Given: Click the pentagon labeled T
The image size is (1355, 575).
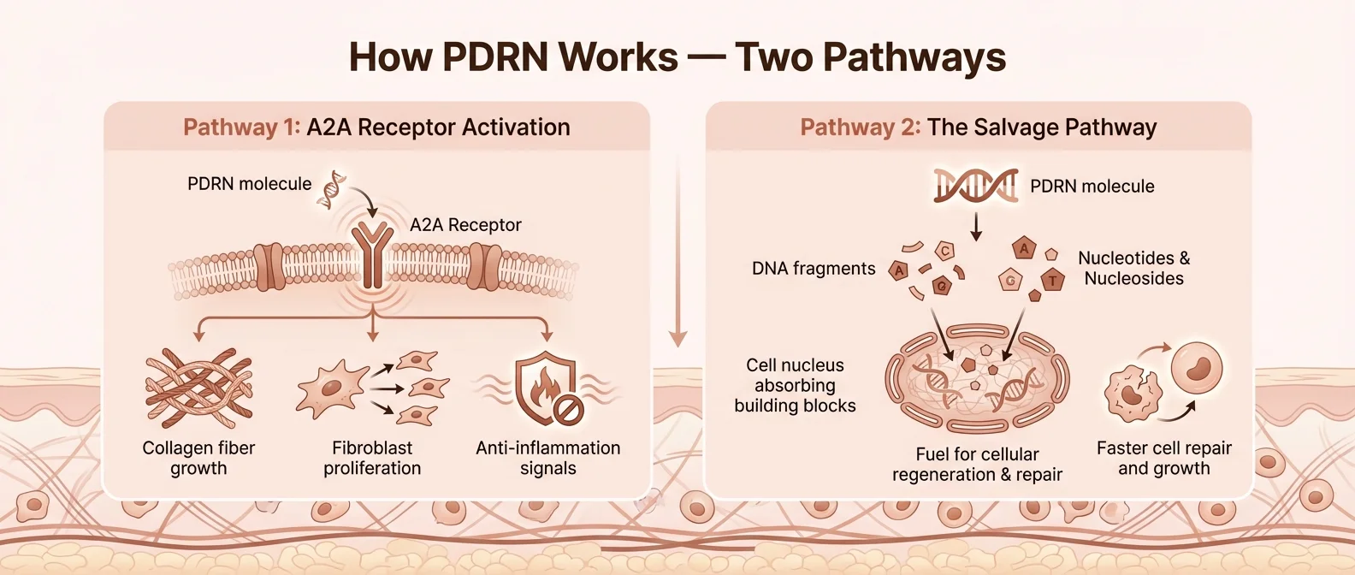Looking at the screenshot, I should pyautogui.click(x=1053, y=279).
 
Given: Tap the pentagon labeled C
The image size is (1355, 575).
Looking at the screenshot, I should pyautogui.click(x=944, y=251).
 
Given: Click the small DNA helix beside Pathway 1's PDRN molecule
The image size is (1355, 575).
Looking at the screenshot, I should pyautogui.click(x=332, y=190).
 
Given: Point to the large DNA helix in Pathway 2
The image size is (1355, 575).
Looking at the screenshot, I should pyautogui.click(x=975, y=186).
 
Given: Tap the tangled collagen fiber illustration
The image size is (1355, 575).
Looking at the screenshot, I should pyautogui.click(x=198, y=388).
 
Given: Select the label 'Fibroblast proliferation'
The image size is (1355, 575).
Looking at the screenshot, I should pyautogui.click(x=372, y=458).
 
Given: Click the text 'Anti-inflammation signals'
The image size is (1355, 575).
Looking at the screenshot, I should pyautogui.click(x=547, y=458).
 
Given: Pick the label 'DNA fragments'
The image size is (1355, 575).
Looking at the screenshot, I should pyautogui.click(x=814, y=269).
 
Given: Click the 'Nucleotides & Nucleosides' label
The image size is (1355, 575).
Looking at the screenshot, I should pyautogui.click(x=1133, y=268).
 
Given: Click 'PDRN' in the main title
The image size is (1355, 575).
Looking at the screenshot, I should pyautogui.click(x=495, y=57).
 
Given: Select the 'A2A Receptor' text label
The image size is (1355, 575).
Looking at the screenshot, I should pyautogui.click(x=465, y=225).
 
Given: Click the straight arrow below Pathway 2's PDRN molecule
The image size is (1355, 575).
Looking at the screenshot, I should pyautogui.click(x=976, y=227).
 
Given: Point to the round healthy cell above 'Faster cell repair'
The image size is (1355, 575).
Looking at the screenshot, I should pyautogui.click(x=1197, y=367).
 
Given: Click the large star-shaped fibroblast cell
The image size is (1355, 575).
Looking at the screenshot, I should pyautogui.click(x=329, y=389).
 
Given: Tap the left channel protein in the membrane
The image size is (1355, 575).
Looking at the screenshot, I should pyautogui.click(x=269, y=266).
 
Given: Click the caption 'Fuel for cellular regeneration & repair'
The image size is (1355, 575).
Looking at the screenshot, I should pyautogui.click(x=977, y=465).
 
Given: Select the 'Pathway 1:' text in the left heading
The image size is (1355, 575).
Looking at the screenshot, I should pyautogui.click(x=241, y=127).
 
